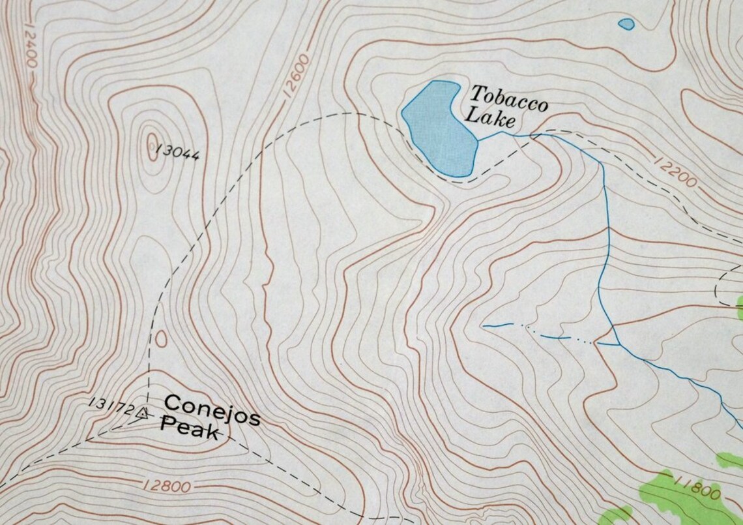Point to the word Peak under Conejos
pos(190,428)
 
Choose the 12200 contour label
pos(675,172)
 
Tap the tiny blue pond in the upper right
pos(626,24)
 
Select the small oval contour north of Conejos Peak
pos(160,338)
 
